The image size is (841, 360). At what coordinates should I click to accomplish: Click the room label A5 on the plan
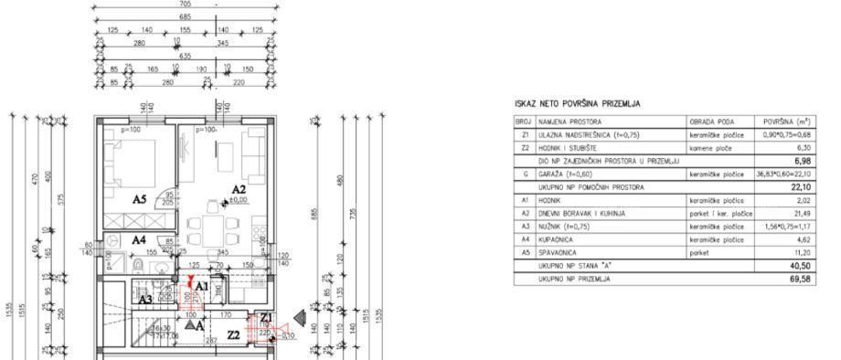[x=140, y=198]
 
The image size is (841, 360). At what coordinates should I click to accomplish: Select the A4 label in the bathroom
[x=139, y=240]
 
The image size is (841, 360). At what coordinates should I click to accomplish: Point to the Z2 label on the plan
[x=233, y=335]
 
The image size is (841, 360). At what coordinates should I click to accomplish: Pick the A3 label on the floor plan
[x=146, y=299]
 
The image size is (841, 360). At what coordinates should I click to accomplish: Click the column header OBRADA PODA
[x=709, y=121]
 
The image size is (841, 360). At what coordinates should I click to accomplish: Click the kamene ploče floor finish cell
[x=710, y=146]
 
